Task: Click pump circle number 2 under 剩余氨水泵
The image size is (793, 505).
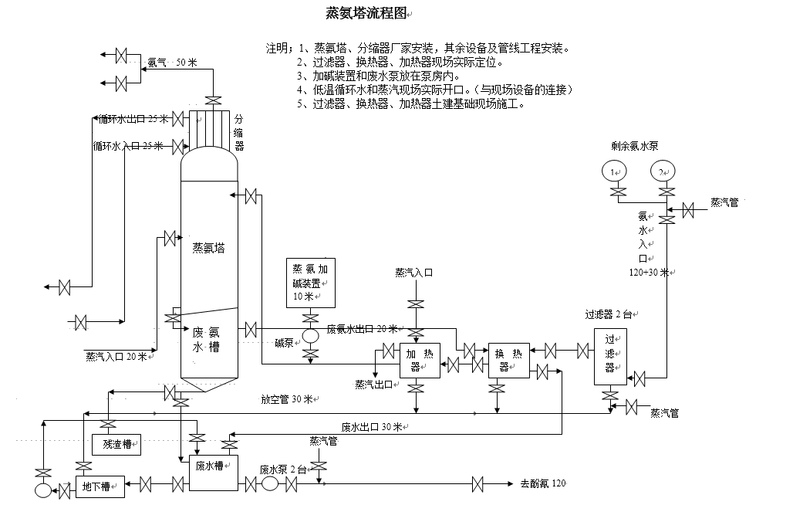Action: (662, 171)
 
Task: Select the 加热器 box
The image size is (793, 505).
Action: (420, 360)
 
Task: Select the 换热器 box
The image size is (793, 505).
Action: (509, 360)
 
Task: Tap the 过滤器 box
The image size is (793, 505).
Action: (609, 356)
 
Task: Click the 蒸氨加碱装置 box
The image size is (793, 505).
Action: (311, 283)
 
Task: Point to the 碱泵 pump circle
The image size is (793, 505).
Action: (311, 337)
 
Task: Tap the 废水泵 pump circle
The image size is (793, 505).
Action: (269, 484)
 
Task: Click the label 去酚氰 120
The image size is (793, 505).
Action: (543, 484)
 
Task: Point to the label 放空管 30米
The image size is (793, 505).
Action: (287, 399)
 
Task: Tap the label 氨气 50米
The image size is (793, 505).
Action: (173, 63)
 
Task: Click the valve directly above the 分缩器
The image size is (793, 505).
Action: (211, 100)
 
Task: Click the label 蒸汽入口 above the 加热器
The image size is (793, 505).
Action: (414, 273)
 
